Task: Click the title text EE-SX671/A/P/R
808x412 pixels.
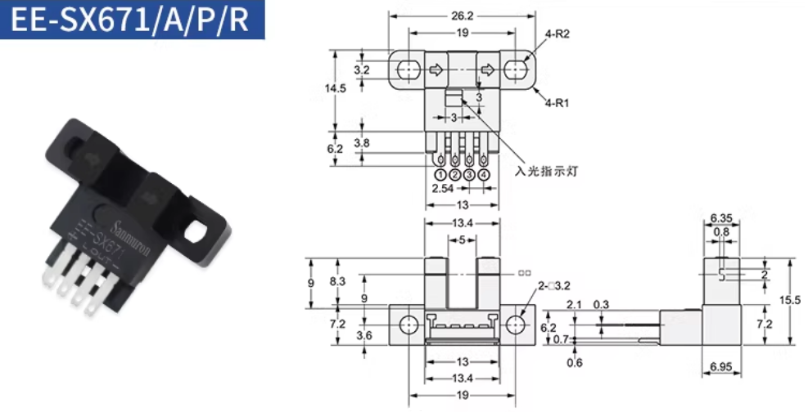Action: coord(132,20)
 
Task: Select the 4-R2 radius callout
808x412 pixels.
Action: coord(557,35)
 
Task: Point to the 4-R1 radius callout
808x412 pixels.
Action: coord(557,102)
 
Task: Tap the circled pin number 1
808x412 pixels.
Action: coord(440,174)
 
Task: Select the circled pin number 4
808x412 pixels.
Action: coord(484,174)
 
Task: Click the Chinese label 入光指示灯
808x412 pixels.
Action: coord(545,172)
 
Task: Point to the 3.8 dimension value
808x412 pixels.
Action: coord(361,142)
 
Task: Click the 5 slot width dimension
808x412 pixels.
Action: coord(462,240)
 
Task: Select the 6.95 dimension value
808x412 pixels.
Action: coord(721,368)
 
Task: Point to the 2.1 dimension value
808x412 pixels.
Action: coord(574,305)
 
